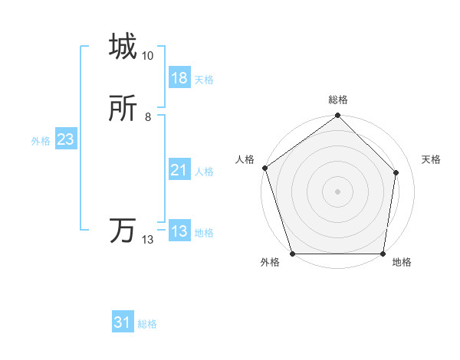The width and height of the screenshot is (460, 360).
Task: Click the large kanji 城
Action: point(123,47)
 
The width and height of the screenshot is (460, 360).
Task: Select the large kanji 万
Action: point(123,231)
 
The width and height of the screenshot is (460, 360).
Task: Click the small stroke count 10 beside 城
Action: point(148,56)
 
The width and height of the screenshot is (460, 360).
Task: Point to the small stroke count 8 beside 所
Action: point(148,117)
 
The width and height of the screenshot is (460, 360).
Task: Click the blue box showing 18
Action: point(179,78)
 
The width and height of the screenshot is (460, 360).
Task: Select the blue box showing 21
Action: point(179,170)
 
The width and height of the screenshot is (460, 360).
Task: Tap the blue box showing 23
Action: point(65,139)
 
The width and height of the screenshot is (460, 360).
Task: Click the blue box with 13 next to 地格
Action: point(179,231)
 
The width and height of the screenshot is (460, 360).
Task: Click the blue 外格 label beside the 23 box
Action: point(41,141)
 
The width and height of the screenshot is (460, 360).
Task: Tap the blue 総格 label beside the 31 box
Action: point(147,325)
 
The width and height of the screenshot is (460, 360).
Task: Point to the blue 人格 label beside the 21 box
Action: point(204,172)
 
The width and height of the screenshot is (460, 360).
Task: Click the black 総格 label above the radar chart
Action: point(338,100)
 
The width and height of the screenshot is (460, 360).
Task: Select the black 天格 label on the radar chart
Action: point(432,159)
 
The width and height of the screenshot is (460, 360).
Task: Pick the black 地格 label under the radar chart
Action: point(402,263)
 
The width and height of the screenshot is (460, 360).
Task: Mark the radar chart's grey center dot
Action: point(338,191)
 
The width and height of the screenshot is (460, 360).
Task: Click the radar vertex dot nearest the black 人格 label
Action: point(264,168)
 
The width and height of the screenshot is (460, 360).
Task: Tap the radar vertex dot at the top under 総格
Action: point(338,116)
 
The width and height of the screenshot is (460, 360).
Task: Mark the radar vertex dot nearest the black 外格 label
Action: point(293,254)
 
